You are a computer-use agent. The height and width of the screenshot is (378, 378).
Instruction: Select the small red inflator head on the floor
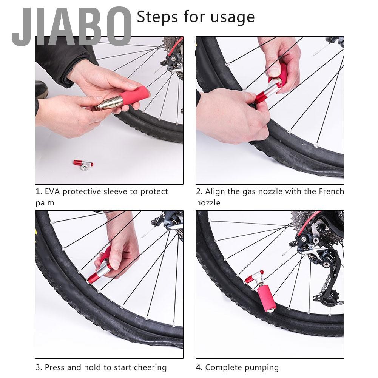pos(83,164)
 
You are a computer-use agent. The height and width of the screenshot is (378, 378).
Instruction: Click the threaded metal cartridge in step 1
pos(110,102)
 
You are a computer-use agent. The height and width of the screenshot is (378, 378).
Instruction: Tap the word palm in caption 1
pos(45,203)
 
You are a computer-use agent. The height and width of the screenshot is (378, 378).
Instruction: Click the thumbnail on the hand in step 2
pos(274,71)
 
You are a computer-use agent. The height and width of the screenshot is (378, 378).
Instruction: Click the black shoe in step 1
pos(42,90)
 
